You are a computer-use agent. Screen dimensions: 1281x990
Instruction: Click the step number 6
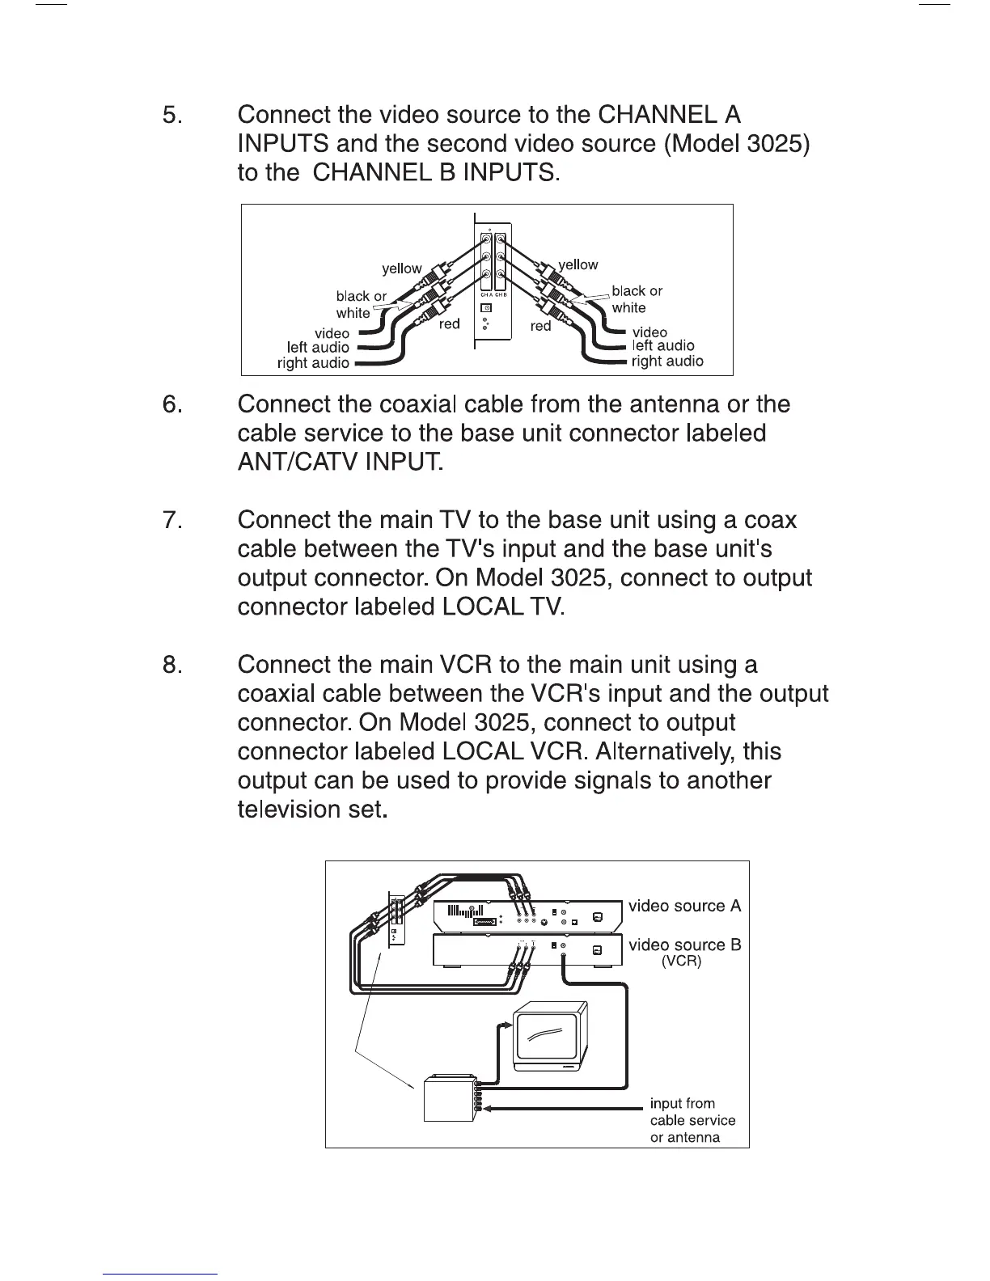(x=173, y=404)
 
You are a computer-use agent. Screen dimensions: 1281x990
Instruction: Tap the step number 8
(x=173, y=666)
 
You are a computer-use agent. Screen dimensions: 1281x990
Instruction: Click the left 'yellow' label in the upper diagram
(x=402, y=268)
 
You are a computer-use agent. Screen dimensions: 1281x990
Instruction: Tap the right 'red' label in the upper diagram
(x=540, y=326)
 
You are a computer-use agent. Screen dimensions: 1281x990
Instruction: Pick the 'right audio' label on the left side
(x=313, y=363)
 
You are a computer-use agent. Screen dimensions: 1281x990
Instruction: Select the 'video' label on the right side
(x=649, y=332)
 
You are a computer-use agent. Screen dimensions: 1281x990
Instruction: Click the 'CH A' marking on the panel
(x=485, y=295)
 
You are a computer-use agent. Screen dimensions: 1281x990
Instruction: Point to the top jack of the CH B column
(x=501, y=239)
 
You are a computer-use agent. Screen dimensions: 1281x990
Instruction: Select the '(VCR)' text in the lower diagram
(x=681, y=962)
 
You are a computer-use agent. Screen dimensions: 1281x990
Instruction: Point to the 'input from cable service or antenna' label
(x=692, y=1120)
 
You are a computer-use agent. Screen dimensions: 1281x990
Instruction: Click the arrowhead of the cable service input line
(x=488, y=1109)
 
